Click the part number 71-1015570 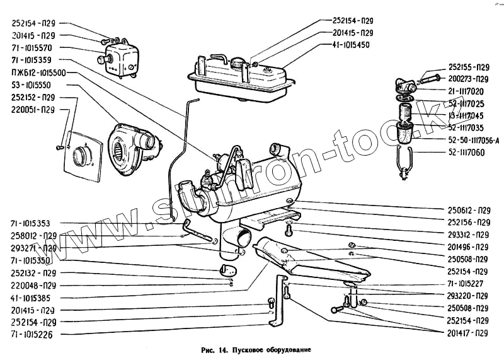[33, 48]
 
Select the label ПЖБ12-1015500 [38, 73]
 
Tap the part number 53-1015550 [33, 84]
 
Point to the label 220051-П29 [33, 109]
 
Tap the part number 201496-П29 [468, 247]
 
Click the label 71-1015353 [33, 223]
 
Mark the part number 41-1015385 [33, 297]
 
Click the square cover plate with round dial [83, 154]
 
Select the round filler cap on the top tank [238, 63]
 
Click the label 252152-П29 [33, 97]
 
